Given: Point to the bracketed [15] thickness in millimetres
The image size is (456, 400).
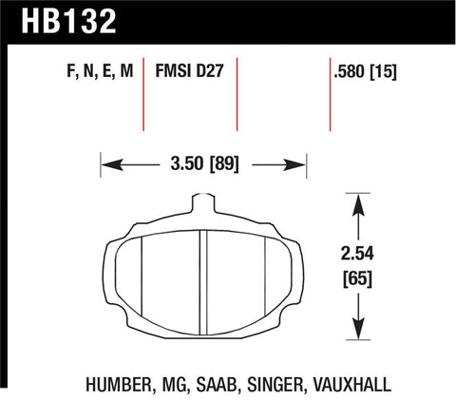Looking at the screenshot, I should (x=383, y=72).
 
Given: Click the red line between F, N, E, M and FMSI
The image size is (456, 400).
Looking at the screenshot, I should (x=142, y=95).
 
